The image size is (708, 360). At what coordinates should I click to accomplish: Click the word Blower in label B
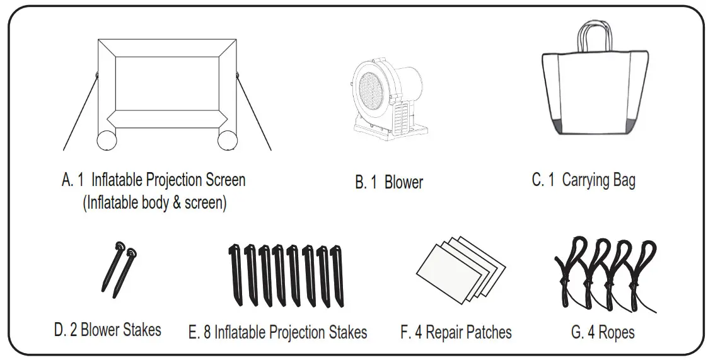click(x=403, y=183)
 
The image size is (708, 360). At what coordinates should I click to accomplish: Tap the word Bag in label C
click(x=622, y=180)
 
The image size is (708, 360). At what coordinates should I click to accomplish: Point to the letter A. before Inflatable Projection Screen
click(x=67, y=180)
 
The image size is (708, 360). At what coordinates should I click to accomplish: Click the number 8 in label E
click(x=207, y=332)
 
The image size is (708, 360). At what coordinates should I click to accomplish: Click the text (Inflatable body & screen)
click(x=154, y=204)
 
